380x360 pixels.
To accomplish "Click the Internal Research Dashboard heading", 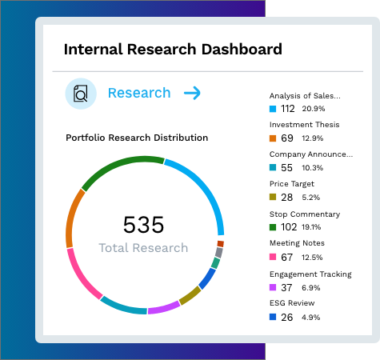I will pyautogui.click(x=173, y=50).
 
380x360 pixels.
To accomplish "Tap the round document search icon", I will pyautogui.click(x=81, y=94).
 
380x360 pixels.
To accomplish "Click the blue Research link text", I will pyautogui.click(x=139, y=93).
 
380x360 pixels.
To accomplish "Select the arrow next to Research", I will pyautogui.click(x=192, y=94).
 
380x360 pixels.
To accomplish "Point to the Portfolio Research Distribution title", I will pyautogui.click(x=136, y=138).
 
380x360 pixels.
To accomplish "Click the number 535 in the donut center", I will pyautogui.click(x=143, y=225).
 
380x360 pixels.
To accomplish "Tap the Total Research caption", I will pyautogui.click(x=143, y=248).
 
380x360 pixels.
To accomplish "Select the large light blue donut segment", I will pyautogui.click(x=206, y=192).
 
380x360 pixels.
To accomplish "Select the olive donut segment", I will pyautogui.click(x=190, y=295).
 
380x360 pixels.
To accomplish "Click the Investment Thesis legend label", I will pyautogui.click(x=304, y=125).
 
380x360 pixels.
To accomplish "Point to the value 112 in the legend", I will pyautogui.click(x=288, y=109).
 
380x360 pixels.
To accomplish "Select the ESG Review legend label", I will pyautogui.click(x=292, y=303).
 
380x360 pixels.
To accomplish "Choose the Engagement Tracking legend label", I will pyautogui.click(x=310, y=274).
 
